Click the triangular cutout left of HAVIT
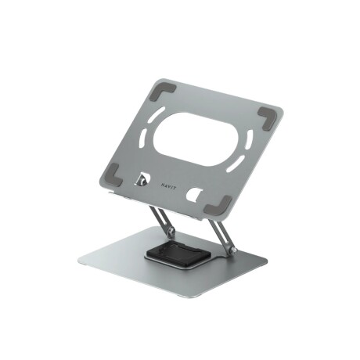pos(144,178)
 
